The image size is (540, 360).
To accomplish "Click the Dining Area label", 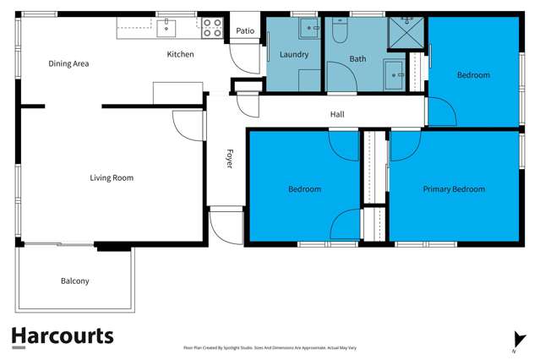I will click(x=68, y=63).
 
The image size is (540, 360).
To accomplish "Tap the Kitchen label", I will click(x=180, y=54).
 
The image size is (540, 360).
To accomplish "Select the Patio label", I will click(x=245, y=31).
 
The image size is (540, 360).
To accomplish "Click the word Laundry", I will click(x=293, y=54).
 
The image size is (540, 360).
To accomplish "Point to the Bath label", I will click(x=357, y=59).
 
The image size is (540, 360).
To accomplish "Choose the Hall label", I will click(x=336, y=114).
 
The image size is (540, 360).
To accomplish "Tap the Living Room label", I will click(x=112, y=177).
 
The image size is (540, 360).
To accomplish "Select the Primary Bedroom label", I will click(x=454, y=189).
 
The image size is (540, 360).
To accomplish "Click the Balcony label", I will click(x=74, y=281).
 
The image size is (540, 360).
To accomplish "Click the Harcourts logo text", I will click(x=62, y=335).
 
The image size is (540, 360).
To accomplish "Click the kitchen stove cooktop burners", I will click(x=211, y=28).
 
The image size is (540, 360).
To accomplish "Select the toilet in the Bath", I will click(x=340, y=31).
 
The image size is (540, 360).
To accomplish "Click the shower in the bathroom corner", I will click(x=406, y=32).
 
